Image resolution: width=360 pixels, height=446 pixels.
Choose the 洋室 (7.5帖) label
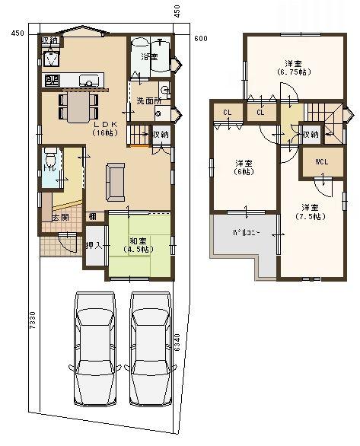[308, 212]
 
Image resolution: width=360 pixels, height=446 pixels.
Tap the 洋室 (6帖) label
[243, 167]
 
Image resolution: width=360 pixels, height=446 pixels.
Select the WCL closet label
[320, 161]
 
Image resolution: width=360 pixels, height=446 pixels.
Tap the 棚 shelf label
[91, 217]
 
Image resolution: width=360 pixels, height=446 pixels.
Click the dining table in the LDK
[78, 106]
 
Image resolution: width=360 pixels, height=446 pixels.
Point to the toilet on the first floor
[50, 161]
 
